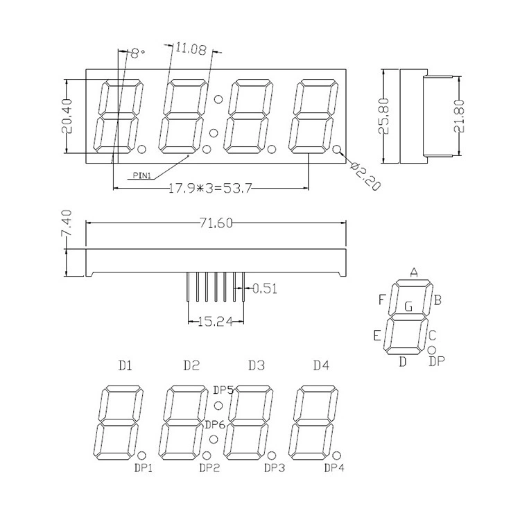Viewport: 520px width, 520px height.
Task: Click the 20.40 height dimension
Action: [67, 116]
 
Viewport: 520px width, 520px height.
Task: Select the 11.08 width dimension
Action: [191, 49]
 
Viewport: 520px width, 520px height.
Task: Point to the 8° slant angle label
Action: [138, 53]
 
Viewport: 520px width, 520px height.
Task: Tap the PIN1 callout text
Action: [141, 175]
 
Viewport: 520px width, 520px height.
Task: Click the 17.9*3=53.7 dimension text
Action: [210, 189]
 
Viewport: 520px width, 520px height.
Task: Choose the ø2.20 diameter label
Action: [365, 176]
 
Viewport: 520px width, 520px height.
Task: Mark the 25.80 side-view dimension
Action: [383, 116]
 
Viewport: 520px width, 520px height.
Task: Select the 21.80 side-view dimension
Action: [459, 116]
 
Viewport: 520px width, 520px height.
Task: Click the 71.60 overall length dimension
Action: [216, 223]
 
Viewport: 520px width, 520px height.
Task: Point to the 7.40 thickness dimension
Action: [67, 223]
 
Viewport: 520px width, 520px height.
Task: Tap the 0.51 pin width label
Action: [264, 288]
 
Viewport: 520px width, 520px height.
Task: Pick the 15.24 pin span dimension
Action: [216, 321]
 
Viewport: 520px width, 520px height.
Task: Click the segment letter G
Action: [408, 306]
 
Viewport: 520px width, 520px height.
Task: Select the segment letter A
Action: [413, 272]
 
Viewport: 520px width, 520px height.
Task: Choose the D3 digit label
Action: [257, 365]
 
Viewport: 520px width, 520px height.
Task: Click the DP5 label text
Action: [223, 390]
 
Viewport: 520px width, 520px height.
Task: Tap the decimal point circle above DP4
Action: [336, 455]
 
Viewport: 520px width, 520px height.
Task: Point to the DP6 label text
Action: [215, 424]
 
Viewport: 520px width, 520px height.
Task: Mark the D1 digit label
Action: [125, 365]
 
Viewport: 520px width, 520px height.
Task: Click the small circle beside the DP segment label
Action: [432, 349]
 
